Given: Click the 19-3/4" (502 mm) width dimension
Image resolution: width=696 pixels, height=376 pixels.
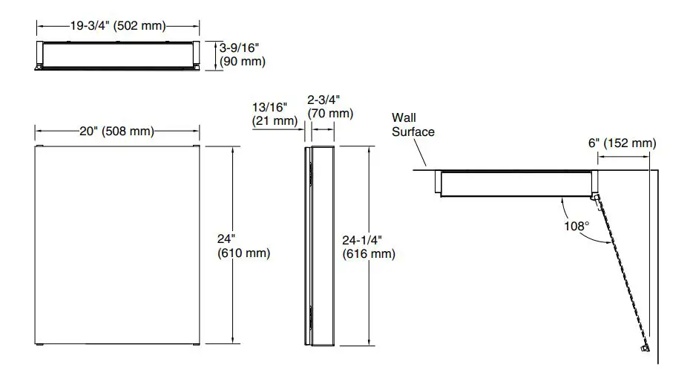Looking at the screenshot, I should click(117, 25).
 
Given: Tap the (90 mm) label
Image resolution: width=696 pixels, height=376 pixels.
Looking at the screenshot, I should click(242, 61).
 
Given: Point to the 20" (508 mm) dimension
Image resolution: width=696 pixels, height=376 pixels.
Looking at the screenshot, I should click(116, 132).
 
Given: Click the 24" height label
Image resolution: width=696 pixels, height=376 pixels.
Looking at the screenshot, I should click(226, 239).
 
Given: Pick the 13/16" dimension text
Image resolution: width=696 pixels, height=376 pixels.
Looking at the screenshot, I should click(269, 107).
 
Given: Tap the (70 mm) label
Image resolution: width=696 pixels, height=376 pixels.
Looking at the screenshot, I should click(329, 113).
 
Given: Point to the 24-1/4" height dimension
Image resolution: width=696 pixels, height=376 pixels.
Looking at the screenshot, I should click(362, 240).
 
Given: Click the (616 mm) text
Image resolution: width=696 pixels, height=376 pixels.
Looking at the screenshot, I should click(369, 254).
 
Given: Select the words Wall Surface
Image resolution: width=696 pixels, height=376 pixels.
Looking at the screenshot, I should click(413, 124).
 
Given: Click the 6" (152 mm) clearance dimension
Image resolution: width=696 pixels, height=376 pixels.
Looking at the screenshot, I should click(623, 143).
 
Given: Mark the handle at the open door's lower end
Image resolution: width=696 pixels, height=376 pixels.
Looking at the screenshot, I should click(643, 347).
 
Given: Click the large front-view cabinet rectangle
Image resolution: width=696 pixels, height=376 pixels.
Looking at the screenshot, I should click(116, 245).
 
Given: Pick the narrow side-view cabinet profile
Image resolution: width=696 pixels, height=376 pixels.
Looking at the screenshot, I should click(319, 245).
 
